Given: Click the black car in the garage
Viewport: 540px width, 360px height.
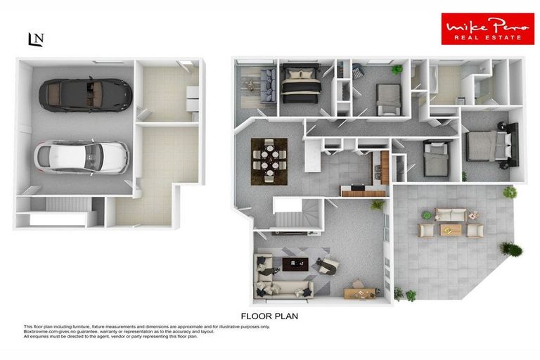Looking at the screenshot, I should click(85, 94).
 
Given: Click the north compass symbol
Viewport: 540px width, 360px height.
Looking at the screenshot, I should click(35, 39).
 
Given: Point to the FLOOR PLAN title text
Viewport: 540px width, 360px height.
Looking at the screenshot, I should click(269, 316).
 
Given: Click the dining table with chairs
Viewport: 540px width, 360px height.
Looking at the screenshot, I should click(269, 157).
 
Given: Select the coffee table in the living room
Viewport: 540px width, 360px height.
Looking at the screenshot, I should click(295, 264).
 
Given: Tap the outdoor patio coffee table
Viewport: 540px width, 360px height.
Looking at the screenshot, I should click(450, 229).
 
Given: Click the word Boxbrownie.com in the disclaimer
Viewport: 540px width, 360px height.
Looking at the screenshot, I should click(41, 332).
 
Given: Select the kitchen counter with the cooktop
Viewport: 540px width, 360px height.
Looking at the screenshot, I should click(363, 190).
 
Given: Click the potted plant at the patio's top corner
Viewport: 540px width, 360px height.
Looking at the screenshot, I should click(510, 192).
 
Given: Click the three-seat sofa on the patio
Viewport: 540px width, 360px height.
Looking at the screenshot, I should click(450, 214).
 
